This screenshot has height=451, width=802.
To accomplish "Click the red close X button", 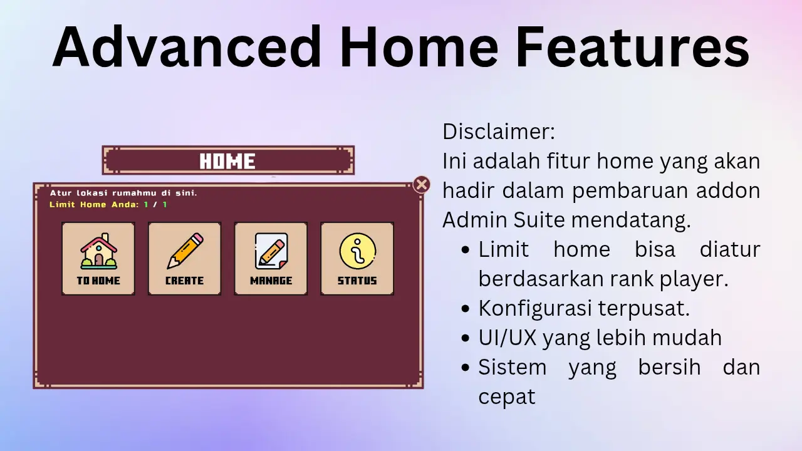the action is [422, 185].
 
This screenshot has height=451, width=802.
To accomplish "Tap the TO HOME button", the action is [98, 259].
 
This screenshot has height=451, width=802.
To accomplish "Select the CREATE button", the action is [185, 259].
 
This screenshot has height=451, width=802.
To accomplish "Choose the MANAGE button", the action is [271, 259].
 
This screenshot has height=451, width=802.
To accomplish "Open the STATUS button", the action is [357, 259].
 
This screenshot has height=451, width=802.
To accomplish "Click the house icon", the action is [99, 251].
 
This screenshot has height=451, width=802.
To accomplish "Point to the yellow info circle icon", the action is [358, 251].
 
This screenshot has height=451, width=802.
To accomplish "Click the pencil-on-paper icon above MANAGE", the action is [271, 251].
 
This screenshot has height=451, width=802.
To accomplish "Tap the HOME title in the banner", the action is [227, 161].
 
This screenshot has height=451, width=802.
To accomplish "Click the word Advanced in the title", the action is [187, 46].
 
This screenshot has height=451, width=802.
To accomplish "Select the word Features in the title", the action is [633, 46].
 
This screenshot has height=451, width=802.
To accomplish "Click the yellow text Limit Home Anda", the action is [94, 205].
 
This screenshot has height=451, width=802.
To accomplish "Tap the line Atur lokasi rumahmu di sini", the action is [123, 193].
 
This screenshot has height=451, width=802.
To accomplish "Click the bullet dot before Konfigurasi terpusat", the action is [466, 309].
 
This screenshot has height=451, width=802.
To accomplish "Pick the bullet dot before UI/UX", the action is [466, 338].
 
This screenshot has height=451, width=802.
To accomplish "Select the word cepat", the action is [507, 397].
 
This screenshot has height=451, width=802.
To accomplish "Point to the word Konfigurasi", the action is [535, 309].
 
